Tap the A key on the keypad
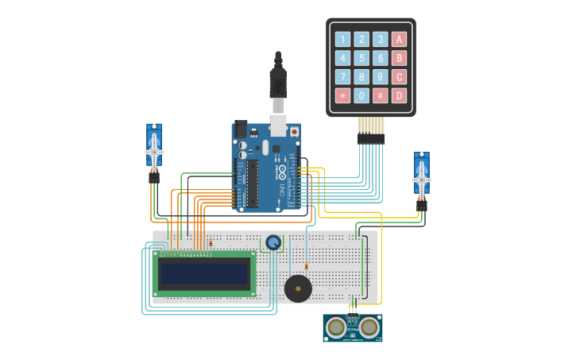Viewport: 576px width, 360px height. click(399, 39)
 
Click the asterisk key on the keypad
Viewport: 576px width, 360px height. click(342, 96)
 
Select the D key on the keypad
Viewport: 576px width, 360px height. click(399, 96)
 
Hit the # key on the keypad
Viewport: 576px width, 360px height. click(381, 96)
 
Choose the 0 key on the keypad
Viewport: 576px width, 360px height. click(361, 96)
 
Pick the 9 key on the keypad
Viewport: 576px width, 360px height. click(381, 77)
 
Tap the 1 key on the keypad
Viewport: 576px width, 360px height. click(342, 39)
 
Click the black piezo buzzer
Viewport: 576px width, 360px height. click(298, 288)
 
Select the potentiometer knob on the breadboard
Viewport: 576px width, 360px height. click(273, 242)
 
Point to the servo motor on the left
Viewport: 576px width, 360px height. click(154, 149)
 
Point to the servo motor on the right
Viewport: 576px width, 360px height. click(421, 176)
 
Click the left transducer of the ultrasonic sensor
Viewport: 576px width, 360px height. click(337, 326)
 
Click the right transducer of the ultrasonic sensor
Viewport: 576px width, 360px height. click(368, 326)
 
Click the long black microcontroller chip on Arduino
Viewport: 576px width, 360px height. click(253, 184)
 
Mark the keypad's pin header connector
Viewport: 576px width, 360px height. click(371, 137)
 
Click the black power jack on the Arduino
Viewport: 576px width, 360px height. click(241, 128)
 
